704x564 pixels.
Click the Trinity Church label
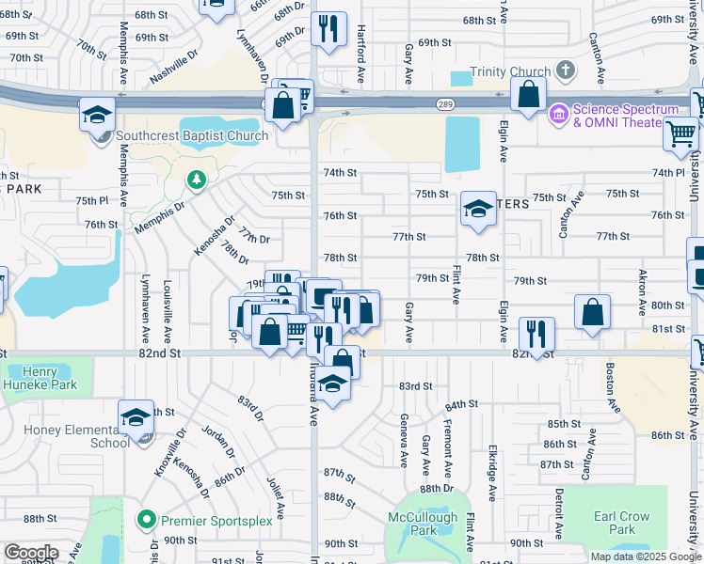(516, 71)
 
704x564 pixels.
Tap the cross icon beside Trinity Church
(566, 70)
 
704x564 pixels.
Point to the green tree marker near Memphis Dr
(197, 179)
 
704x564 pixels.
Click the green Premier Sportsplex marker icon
(146, 520)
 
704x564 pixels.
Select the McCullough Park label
(423, 524)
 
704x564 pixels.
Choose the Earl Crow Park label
(622, 523)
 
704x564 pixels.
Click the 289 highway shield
(444, 103)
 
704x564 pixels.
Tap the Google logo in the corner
(31, 553)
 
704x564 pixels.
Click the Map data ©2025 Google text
(645, 556)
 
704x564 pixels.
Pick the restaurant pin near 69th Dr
(328, 28)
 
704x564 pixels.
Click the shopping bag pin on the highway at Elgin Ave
(529, 93)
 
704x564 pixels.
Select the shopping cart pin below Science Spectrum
(680, 133)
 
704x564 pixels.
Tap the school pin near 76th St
(478, 210)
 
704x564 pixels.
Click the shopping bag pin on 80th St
(592, 312)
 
